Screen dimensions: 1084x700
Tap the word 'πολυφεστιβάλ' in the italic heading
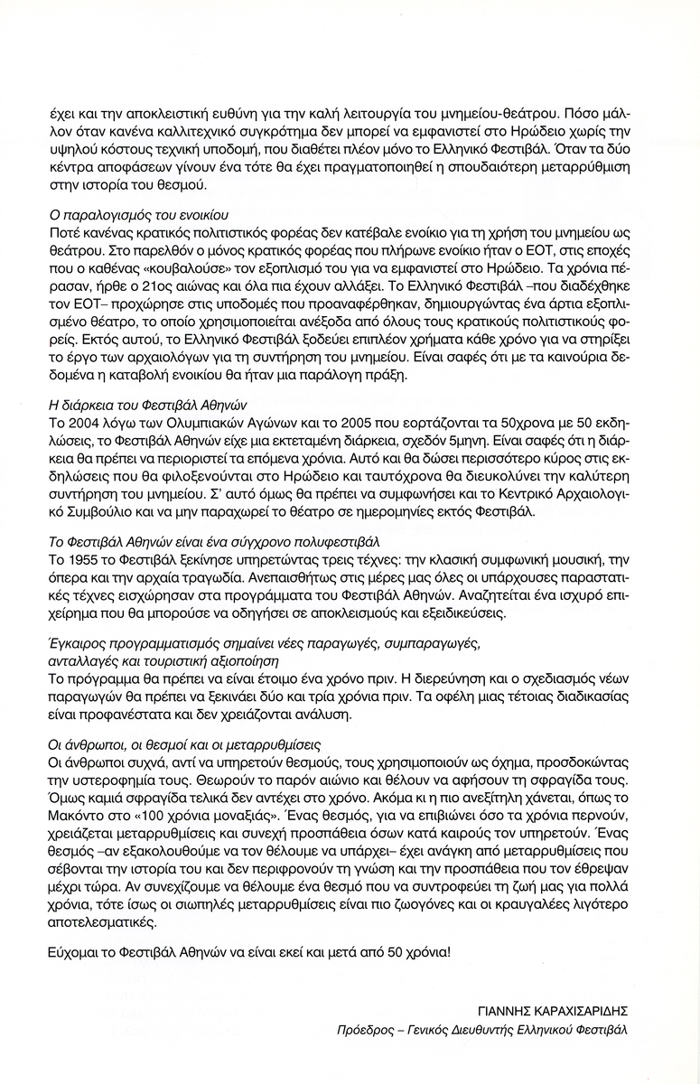click(325, 542)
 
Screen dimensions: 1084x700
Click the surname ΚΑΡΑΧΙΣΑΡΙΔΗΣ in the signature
click(581, 1011)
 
